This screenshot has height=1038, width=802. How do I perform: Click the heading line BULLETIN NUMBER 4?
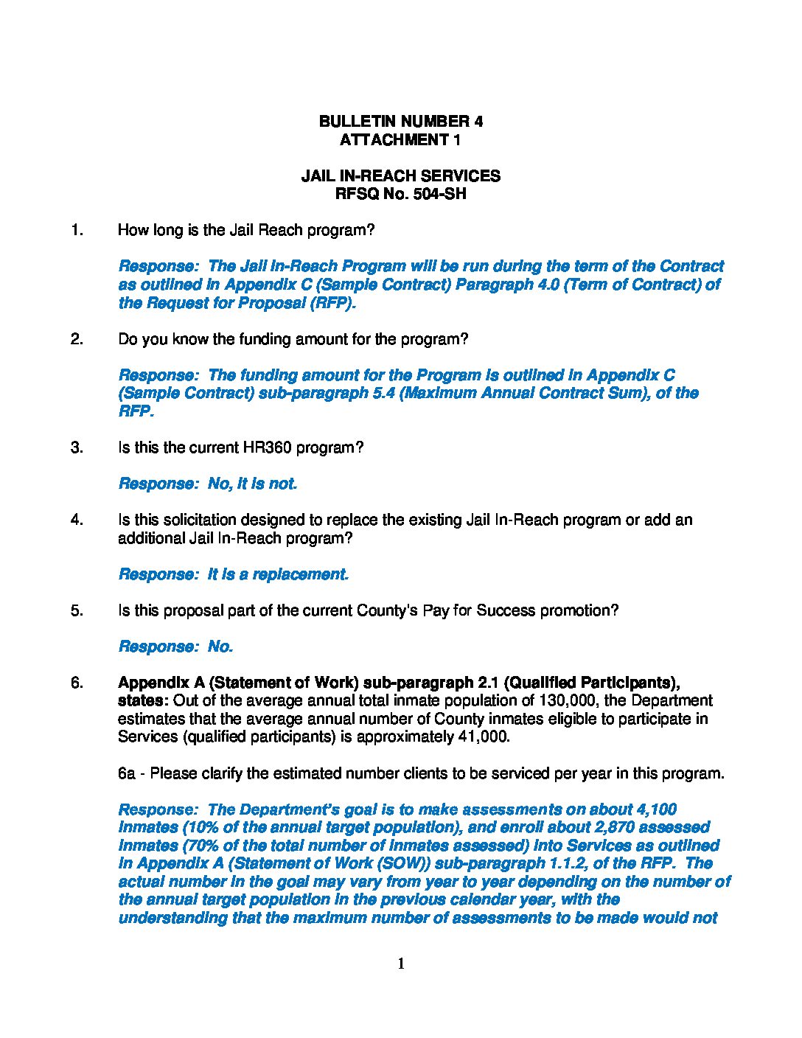click(400, 122)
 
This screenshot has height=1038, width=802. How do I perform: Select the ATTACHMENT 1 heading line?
click(400, 140)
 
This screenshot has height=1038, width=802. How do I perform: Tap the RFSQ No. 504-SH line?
click(400, 195)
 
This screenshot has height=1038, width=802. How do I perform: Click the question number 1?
click(77, 231)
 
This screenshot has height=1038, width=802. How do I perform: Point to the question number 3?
click(77, 448)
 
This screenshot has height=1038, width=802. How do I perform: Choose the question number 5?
click(77, 611)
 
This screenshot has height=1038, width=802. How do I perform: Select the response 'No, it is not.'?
click(252, 484)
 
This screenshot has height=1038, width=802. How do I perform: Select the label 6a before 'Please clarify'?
click(127, 774)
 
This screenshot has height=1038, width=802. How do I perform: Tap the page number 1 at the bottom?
click(401, 964)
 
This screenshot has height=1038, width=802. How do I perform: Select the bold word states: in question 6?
click(143, 701)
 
